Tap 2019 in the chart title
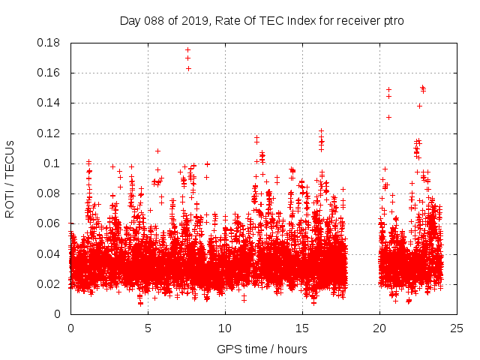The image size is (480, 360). (197, 21)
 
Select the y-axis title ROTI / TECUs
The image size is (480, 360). (10, 178)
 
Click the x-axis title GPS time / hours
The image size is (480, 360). (262, 349)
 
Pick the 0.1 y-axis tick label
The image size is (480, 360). (52, 163)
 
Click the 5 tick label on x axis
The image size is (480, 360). (148, 328)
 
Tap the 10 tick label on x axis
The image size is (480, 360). (225, 328)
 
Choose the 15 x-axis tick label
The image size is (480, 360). (302, 328)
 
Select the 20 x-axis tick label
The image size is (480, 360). (379, 328)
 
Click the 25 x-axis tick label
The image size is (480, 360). (457, 328)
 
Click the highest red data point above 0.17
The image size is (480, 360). (187, 50)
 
